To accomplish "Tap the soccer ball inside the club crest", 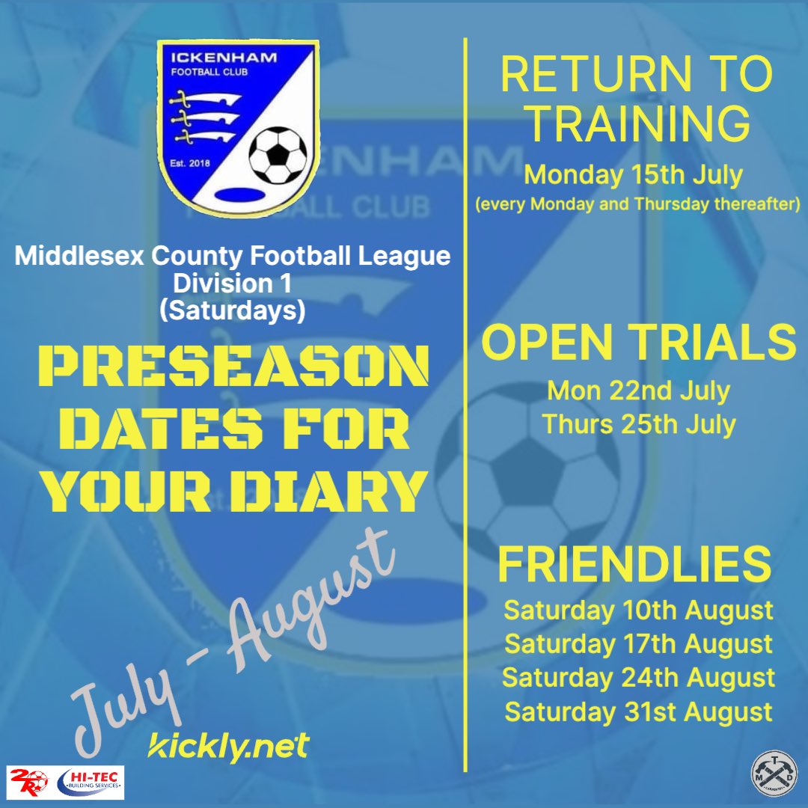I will point(278,154).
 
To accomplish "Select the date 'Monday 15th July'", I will point(633,175).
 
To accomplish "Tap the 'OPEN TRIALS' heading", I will point(638,342).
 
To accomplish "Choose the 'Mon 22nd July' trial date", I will point(638,391).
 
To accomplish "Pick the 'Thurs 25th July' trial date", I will point(639,424).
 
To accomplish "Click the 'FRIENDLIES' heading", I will point(634,564).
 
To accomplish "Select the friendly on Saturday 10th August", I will point(638,610).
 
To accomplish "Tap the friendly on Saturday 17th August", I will point(638,643).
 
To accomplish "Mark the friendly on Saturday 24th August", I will point(638,677).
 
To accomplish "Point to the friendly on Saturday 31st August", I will point(638,711).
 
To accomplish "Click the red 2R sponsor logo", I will point(28,782).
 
